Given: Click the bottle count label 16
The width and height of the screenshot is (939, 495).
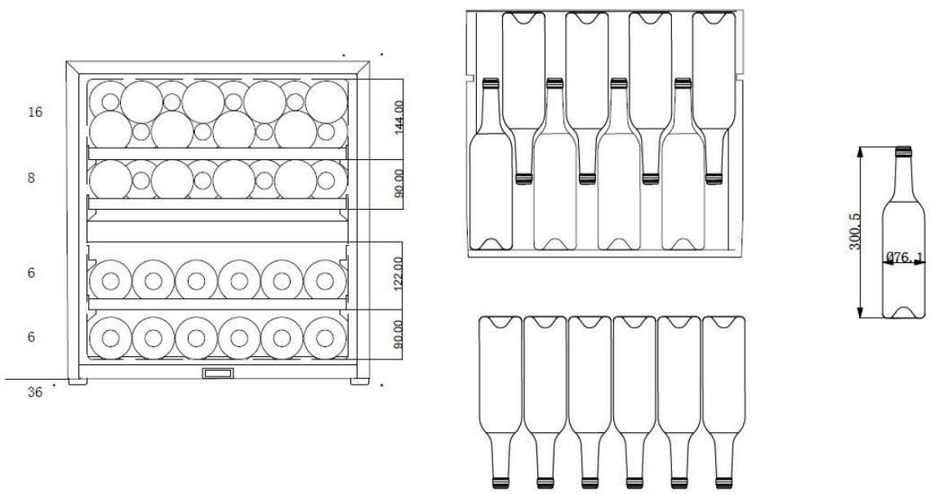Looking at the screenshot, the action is click(35, 112).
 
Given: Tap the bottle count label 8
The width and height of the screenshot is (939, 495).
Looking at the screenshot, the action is click(31, 178).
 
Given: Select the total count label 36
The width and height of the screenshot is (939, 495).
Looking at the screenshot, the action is click(35, 393).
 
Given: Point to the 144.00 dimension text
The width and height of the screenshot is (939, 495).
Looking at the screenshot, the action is click(398, 117).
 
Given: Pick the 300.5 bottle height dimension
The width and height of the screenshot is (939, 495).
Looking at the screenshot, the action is click(855, 232).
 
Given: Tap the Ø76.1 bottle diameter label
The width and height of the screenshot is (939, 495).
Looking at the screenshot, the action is click(905, 257).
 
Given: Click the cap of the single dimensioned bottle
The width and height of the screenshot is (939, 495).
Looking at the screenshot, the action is click(903, 151).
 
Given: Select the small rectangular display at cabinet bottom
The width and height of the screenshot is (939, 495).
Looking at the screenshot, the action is click(219, 373).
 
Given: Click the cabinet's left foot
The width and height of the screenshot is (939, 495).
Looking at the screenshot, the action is click(78, 381).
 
